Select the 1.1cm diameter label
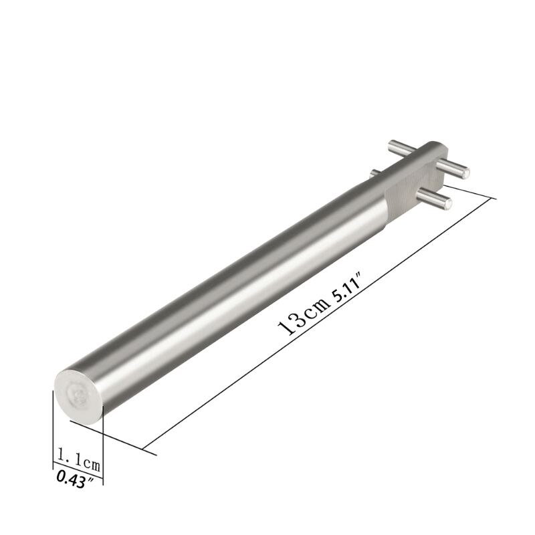coord(79,460)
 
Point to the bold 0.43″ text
coord(76,479)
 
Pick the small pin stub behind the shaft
coord(375,173)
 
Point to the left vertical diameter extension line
coord(53,428)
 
